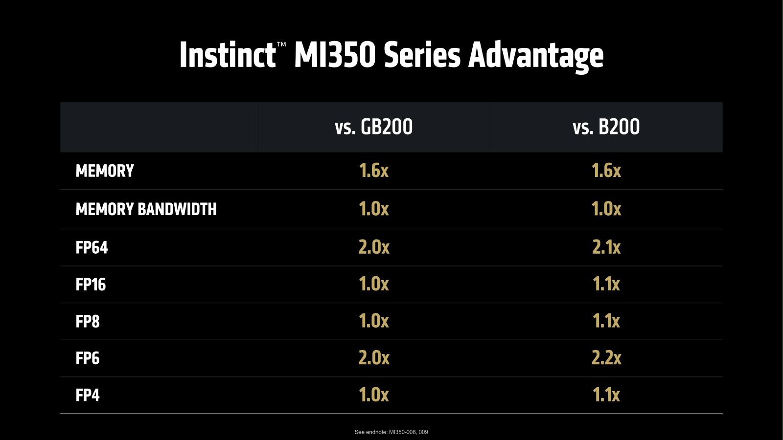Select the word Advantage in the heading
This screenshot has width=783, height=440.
coord(536,55)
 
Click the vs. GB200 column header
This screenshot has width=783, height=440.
coord(373,127)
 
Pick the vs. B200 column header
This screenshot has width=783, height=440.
coord(606,127)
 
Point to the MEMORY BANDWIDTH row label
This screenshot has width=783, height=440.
coord(146,209)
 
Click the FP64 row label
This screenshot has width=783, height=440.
coord(92,247)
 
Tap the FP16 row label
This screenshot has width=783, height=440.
coord(91,285)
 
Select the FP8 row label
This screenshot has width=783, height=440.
coord(88,322)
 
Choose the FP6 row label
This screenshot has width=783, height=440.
coord(88,358)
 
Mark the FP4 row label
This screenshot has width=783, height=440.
coord(88,395)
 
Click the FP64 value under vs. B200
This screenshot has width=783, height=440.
coord(606,247)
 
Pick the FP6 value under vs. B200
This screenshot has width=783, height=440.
coord(606,358)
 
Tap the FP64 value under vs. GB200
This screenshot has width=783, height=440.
coord(373,247)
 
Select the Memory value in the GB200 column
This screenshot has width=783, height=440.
coord(373,171)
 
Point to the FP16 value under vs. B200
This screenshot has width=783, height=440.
coord(606,284)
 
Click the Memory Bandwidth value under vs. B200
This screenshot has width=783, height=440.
coord(606,209)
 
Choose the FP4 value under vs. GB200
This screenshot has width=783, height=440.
coord(373,395)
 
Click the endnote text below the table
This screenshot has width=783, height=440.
coord(391,432)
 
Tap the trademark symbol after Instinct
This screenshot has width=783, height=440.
coord(281,44)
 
